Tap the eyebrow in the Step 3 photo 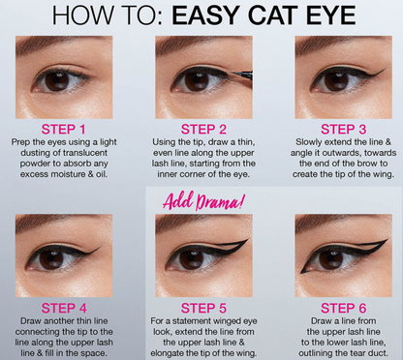[339, 47]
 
